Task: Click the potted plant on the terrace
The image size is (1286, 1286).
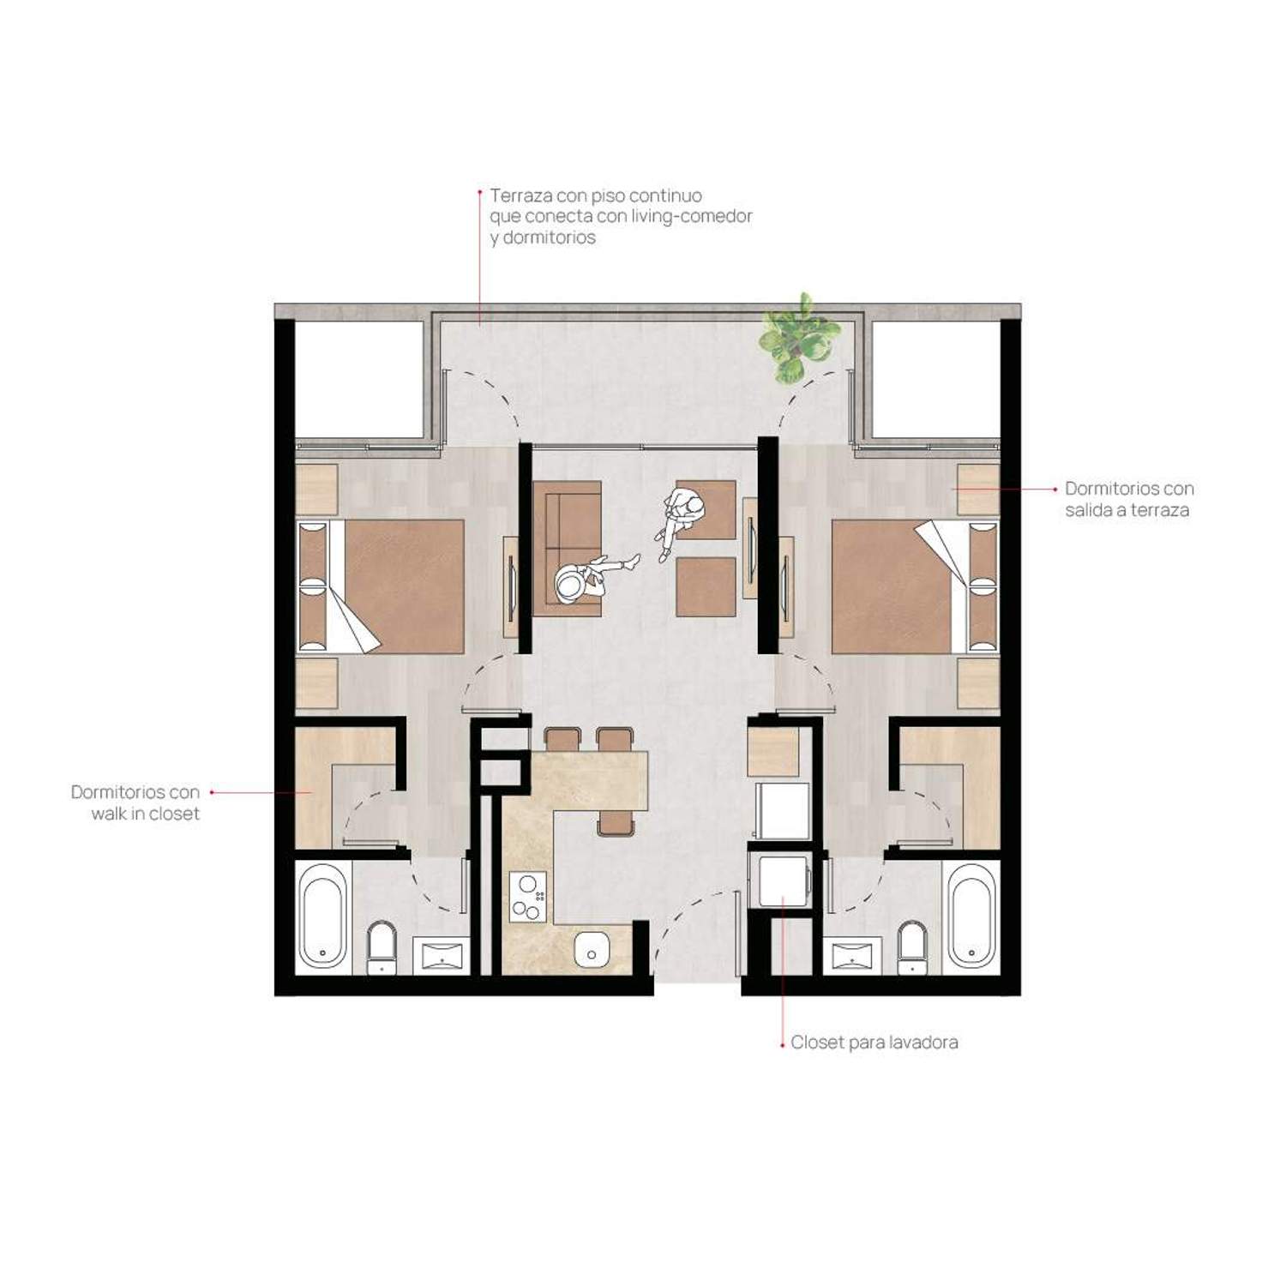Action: [x=796, y=338]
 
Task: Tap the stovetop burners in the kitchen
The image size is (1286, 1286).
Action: [x=528, y=897]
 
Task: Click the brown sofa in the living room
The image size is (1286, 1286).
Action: [x=567, y=548]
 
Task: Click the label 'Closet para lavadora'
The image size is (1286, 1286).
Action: [x=874, y=1043]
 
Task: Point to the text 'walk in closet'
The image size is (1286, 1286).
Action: [x=146, y=814]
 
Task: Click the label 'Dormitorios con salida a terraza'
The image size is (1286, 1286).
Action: [x=1129, y=499]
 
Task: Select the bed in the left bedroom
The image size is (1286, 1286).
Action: [x=382, y=586]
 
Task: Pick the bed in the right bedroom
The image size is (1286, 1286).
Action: [x=915, y=586]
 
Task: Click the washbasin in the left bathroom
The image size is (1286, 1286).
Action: [x=442, y=955]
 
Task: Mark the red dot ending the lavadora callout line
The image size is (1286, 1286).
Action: [x=783, y=1045]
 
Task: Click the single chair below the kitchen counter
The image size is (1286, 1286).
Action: [x=616, y=823]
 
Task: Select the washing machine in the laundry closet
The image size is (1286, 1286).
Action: [x=781, y=880]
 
